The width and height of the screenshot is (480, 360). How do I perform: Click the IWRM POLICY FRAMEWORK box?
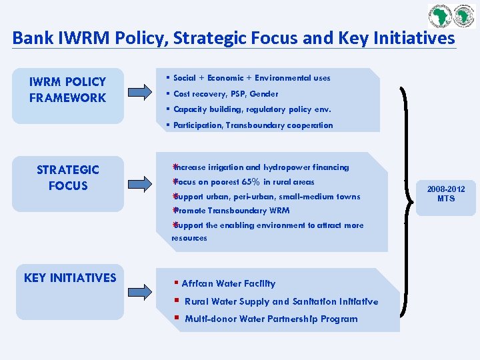coord(67,95)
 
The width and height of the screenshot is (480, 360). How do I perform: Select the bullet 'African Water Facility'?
coord(228,283)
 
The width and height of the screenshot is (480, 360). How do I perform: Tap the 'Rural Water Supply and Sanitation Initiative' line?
coord(281,301)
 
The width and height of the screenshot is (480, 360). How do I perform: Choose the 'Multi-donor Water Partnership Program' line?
coord(271,319)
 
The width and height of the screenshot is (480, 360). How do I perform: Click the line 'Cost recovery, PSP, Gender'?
coord(225,94)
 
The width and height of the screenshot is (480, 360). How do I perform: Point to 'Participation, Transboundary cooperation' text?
coord(253,125)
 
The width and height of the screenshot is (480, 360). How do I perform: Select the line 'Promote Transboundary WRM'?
coord(231,211)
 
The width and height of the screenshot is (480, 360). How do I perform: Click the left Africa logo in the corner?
coord(441,15)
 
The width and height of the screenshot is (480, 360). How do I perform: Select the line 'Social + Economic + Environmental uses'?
coord(251,78)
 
